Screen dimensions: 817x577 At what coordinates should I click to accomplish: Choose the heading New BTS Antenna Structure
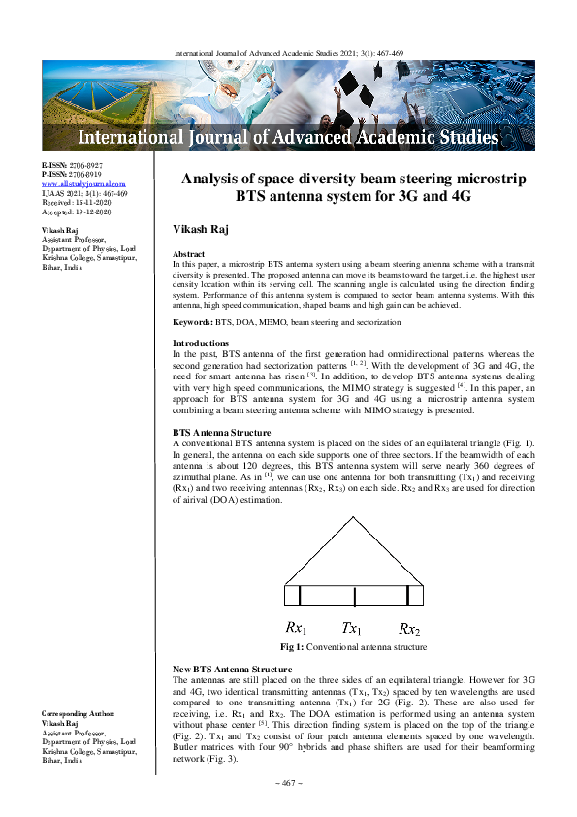(x=232, y=670)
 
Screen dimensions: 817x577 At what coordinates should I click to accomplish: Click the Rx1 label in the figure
(x=297, y=628)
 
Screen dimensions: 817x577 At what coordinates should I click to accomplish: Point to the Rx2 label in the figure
(x=409, y=628)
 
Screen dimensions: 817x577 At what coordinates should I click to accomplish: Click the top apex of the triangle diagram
(x=353, y=516)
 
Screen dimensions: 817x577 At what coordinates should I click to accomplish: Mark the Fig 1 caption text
(x=353, y=647)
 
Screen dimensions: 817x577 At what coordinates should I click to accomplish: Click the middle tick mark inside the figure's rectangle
(x=355, y=598)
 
